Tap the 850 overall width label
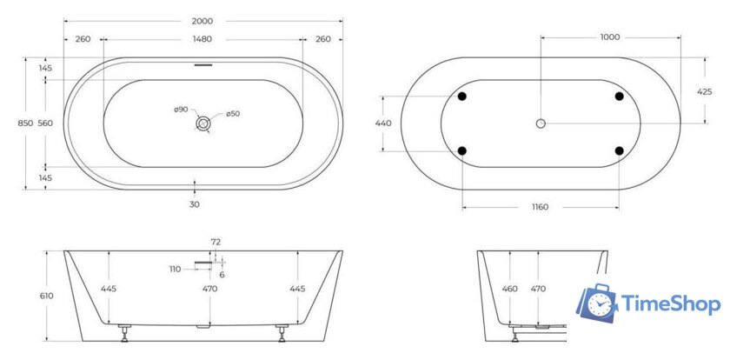point(25,123)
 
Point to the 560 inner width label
point(46,123)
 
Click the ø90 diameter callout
point(181,109)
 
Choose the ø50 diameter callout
point(232,114)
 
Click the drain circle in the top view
point(202,124)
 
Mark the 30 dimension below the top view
point(195,204)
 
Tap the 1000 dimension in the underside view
point(610,37)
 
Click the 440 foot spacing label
point(383,123)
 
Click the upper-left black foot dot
point(461,96)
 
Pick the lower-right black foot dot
point(619,150)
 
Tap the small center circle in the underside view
point(541,123)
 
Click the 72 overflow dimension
point(216,241)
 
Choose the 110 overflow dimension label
point(175,269)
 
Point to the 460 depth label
point(511,288)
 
